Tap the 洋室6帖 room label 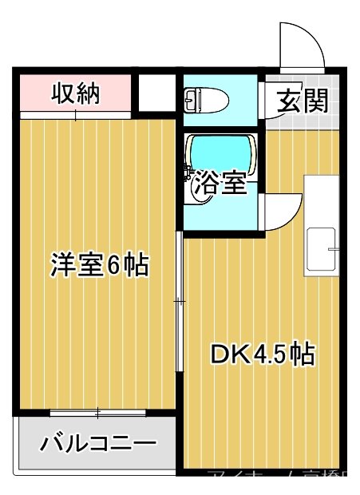(x=100, y=264)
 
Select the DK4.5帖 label (x=262, y=353)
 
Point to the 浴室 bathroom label (x=220, y=184)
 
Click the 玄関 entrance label (x=303, y=101)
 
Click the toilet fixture (x=206, y=100)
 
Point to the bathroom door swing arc (x=281, y=212)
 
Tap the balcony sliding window (x=97, y=413)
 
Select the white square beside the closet (x=156, y=93)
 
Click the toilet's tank (x=190, y=100)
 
